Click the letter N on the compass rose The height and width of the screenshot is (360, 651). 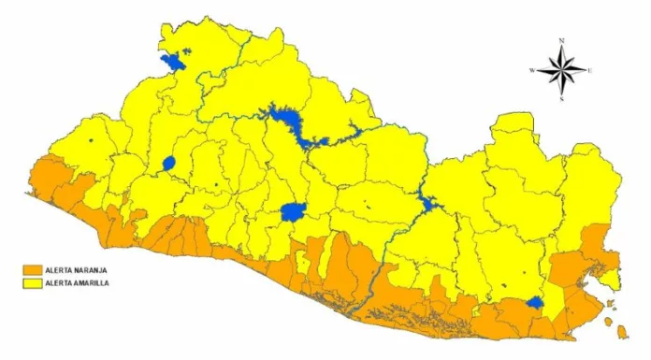click(562, 41)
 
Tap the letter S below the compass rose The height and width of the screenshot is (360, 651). click(562, 98)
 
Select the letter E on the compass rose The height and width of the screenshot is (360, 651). click(591, 70)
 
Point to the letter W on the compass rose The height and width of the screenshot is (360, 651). click(532, 70)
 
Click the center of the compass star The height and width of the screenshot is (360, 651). click(562, 70)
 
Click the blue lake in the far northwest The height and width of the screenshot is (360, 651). click(173, 62)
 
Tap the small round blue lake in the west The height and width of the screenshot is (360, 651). click(169, 164)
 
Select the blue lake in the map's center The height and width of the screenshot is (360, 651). click(294, 211)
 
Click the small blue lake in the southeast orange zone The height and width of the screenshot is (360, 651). click(534, 302)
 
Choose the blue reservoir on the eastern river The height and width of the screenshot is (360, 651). click(427, 202)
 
